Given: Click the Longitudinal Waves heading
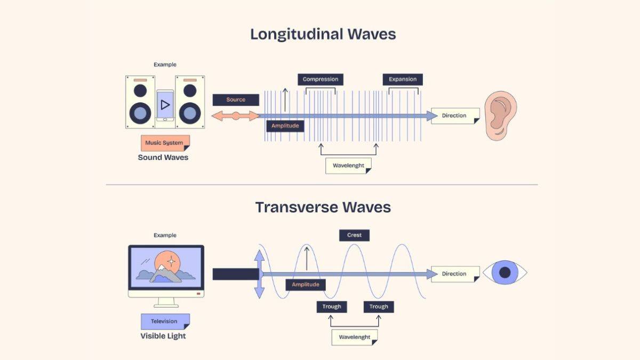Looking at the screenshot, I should tap(323, 34).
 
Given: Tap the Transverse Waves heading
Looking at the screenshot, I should tap(323, 207).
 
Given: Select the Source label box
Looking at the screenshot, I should tap(236, 100).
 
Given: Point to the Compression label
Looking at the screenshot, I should tap(320, 79).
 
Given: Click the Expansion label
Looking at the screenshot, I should tap(403, 79).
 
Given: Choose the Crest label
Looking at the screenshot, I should tap(354, 235).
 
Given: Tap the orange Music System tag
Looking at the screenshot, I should tap(164, 143).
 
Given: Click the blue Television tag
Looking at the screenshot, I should tap(164, 322).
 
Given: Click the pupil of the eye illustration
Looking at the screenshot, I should tap(505, 273).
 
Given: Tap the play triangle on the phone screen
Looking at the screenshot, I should tap(165, 105).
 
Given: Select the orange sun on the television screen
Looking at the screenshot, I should tap(167, 262).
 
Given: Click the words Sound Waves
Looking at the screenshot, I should tap(163, 157).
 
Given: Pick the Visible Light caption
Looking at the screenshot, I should tap(163, 336).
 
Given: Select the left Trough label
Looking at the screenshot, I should tap(332, 307).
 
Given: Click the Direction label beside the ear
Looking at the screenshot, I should tap(454, 116).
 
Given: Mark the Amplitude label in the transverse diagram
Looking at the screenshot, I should tap(306, 285).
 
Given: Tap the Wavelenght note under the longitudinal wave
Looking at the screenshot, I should tap(348, 166).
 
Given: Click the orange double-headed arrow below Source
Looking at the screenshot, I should tap(236, 116).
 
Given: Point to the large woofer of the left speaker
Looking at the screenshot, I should tap(140, 113).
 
